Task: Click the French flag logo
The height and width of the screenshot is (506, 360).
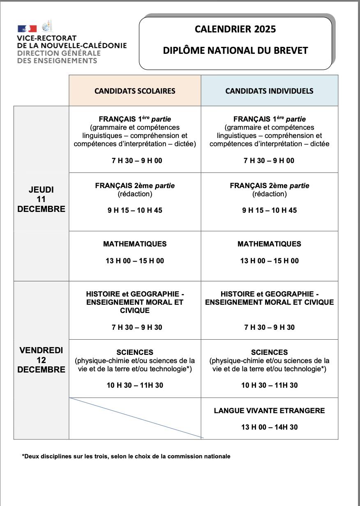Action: (27, 28)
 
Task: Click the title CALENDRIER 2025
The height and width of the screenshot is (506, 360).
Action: (235, 29)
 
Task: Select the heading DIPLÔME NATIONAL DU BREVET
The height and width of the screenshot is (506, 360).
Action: (235, 51)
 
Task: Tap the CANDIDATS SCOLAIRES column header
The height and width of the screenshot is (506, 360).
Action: (135, 91)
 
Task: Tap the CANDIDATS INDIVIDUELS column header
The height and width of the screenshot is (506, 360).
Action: (269, 91)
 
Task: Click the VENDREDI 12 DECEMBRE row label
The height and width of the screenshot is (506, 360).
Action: (41, 360)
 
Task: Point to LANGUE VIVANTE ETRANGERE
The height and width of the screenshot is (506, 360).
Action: (269, 411)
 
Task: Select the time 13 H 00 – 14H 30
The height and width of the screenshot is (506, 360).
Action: (269, 427)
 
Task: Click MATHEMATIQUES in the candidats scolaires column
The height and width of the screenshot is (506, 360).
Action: (135, 244)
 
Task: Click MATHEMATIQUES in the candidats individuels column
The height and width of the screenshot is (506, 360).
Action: (269, 244)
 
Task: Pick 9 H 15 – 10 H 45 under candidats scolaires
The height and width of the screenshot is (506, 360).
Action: (135, 210)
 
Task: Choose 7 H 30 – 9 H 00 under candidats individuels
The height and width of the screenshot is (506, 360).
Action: (269, 161)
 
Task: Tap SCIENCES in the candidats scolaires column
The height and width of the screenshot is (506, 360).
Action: (135, 352)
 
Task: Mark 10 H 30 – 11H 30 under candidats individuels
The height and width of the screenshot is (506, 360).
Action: (269, 385)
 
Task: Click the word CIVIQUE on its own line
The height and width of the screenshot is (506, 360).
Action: (135, 310)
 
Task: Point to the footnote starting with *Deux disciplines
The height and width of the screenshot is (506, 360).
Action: (126, 456)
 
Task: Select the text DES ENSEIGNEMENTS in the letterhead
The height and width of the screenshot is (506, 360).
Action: (57, 61)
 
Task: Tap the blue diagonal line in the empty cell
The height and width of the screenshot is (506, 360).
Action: (136, 417)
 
